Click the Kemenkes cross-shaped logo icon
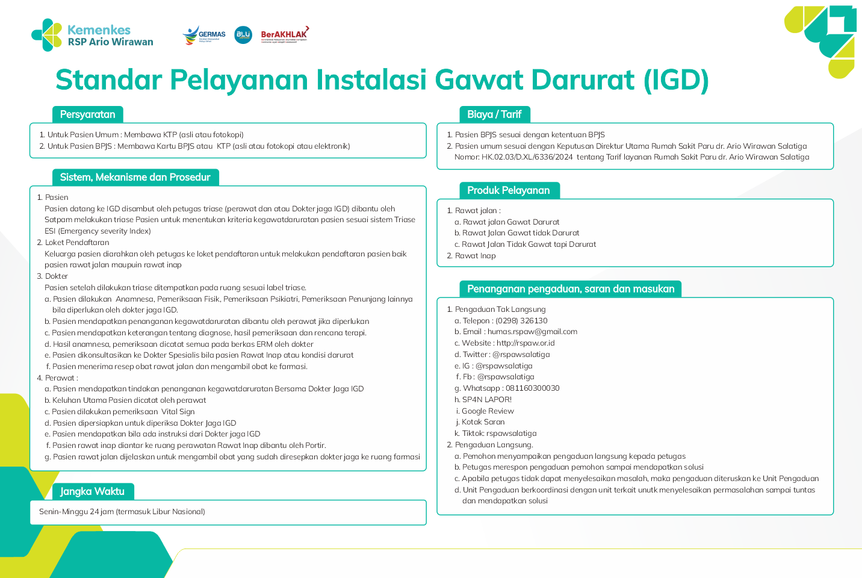click(47, 35)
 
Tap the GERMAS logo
click(204, 35)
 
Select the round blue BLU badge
click(243, 35)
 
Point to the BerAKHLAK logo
click(284, 35)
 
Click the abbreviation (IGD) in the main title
click(676, 80)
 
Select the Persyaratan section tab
click(88, 114)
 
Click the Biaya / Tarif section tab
click(494, 114)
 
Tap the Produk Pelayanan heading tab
click(509, 190)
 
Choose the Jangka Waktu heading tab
click(93, 491)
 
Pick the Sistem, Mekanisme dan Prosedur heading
click(135, 177)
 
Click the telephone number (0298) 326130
click(521, 321)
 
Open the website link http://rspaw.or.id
click(526, 343)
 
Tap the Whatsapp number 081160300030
click(532, 388)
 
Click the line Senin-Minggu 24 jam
click(122, 512)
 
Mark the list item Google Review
click(488, 411)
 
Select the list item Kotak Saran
click(483, 422)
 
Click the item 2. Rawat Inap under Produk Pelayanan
click(475, 256)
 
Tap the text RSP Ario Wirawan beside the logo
click(110, 42)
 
